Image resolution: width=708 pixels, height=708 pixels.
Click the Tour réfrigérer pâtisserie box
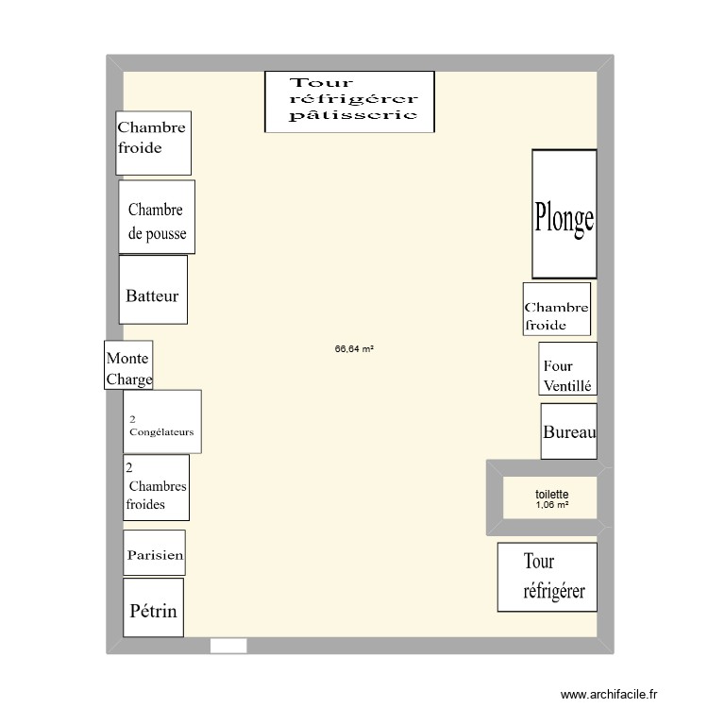[x=348, y=101]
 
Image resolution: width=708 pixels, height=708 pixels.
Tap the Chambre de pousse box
[x=157, y=217]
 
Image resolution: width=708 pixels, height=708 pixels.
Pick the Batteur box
[x=153, y=290]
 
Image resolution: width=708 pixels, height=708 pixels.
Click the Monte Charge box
[x=128, y=364]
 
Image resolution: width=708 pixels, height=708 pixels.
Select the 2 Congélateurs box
[x=161, y=421]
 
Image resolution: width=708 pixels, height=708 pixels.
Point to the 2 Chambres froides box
[x=156, y=487]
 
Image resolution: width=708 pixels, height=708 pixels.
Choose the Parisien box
[x=154, y=553]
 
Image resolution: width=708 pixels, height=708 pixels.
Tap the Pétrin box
[x=153, y=607]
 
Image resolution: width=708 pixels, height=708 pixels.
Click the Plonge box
[x=564, y=214]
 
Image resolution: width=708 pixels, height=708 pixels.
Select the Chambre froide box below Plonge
[x=556, y=309]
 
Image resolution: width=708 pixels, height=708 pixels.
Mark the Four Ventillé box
[x=568, y=369]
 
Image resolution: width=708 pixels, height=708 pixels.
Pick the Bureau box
[x=568, y=431]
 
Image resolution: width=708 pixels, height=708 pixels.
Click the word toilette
[x=551, y=494]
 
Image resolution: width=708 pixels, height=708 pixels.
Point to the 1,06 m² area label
[x=551, y=505]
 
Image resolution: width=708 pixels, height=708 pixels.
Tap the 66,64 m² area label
[x=354, y=348]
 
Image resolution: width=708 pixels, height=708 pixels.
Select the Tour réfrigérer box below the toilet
[x=547, y=577]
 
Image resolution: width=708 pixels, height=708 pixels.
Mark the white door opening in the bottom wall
[x=228, y=646]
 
